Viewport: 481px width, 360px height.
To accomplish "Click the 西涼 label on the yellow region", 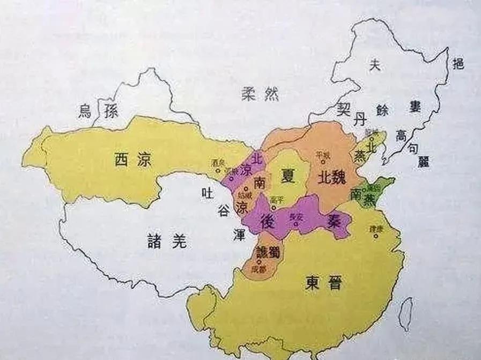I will (132, 159).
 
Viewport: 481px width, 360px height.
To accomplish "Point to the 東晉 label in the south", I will (324, 283).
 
